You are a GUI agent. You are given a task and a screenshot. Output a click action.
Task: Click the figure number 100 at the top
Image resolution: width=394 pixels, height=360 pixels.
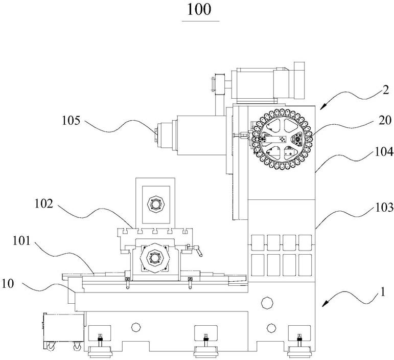(200, 10)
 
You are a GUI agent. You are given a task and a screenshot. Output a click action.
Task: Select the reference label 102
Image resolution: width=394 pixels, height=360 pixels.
(43, 204)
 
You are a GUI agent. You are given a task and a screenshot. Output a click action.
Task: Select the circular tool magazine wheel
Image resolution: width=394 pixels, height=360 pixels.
(282, 139)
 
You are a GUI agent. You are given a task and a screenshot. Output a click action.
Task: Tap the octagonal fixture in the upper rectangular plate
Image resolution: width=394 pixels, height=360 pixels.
(155, 203)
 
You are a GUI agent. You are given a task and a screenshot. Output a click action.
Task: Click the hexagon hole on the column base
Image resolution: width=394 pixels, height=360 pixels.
(266, 302)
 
